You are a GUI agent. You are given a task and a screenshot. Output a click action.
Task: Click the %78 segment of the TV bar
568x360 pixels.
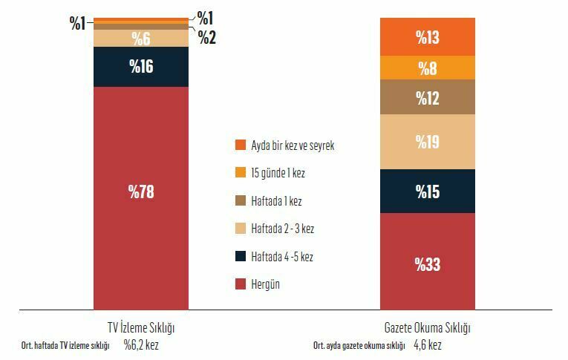point(141,192)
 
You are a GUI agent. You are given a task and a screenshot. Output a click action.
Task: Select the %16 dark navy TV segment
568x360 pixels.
point(141,66)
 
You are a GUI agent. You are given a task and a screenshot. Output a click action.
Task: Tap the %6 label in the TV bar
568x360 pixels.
point(141,39)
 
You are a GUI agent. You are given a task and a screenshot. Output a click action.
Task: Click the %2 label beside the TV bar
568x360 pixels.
point(207,38)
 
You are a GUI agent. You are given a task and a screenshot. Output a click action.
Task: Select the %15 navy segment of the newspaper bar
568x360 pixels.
point(427,192)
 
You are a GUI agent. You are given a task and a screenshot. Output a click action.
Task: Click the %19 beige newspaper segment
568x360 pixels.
point(427,142)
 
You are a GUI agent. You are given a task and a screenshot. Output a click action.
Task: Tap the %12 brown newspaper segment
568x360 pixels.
point(427,97)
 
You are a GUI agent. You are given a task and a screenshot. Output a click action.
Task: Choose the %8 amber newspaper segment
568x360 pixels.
point(427,68)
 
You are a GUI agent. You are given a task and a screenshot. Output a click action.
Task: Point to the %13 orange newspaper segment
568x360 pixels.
point(427,37)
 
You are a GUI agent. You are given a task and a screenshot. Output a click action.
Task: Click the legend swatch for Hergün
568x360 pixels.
point(240,284)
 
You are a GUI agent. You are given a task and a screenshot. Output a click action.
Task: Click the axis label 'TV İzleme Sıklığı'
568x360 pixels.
point(141,327)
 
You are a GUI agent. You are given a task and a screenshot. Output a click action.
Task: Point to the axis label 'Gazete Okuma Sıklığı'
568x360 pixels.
point(427,327)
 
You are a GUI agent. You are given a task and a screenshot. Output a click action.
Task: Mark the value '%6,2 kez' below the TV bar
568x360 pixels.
point(141,344)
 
